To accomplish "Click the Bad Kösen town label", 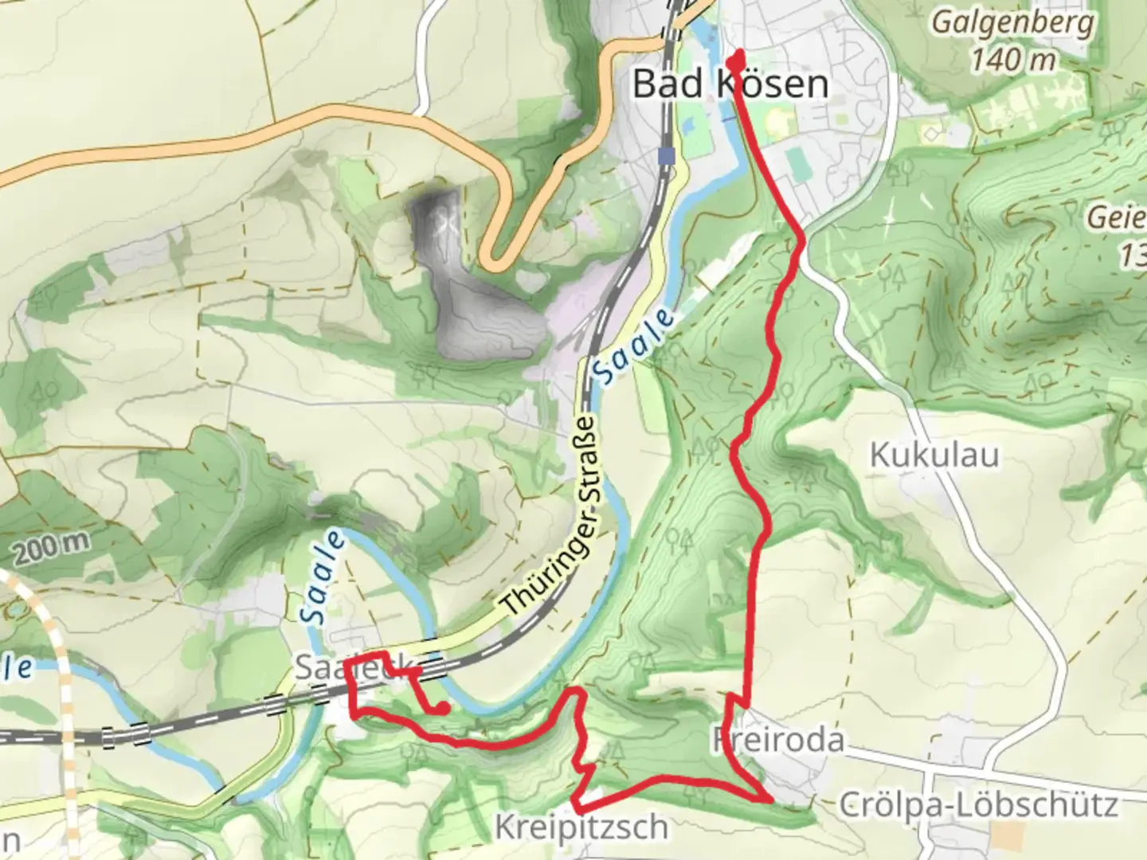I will tap(730, 84).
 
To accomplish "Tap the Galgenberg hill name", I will tap(1012, 22).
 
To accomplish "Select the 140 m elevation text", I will tap(1013, 58).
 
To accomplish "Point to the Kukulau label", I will tap(934, 455).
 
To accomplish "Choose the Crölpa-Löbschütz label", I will tap(978, 805).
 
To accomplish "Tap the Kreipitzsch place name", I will tap(581, 827).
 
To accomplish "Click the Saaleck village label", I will tap(354, 667).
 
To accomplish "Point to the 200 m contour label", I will tap(51, 545).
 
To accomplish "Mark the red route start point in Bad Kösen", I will tap(738, 58).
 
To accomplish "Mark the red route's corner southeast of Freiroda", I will tap(769, 797).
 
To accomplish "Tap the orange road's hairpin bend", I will tap(491, 260).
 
